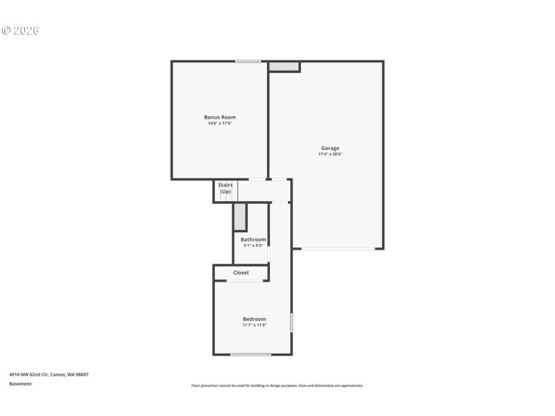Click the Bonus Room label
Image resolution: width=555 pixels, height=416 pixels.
[219, 117]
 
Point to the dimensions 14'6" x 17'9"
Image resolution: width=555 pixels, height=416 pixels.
[219, 123]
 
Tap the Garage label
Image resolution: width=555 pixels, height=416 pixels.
[330, 148]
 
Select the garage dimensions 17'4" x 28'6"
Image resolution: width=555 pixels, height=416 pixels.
[330, 154]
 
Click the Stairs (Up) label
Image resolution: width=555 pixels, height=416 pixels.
[225, 188]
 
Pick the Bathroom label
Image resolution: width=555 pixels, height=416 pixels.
[253, 239]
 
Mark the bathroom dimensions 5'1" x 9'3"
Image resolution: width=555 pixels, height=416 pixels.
[253, 245]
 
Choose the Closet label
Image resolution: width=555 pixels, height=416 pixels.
[241, 272]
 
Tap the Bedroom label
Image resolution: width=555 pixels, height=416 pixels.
[254, 319]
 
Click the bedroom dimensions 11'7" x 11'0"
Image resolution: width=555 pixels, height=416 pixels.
[254, 325]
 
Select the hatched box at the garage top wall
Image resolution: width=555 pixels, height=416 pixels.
[284, 67]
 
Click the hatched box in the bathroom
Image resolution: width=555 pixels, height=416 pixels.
[240, 216]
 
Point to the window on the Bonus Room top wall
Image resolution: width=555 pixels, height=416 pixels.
[248, 62]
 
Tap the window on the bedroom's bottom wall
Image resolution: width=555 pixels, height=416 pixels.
[250, 354]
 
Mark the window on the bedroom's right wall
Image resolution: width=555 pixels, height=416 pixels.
[291, 322]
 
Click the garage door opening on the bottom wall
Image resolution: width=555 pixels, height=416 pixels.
[338, 248]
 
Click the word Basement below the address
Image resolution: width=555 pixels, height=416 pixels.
[20, 383]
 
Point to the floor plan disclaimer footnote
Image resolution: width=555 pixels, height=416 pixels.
[277, 385]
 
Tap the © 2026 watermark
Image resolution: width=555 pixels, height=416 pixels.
[21, 31]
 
